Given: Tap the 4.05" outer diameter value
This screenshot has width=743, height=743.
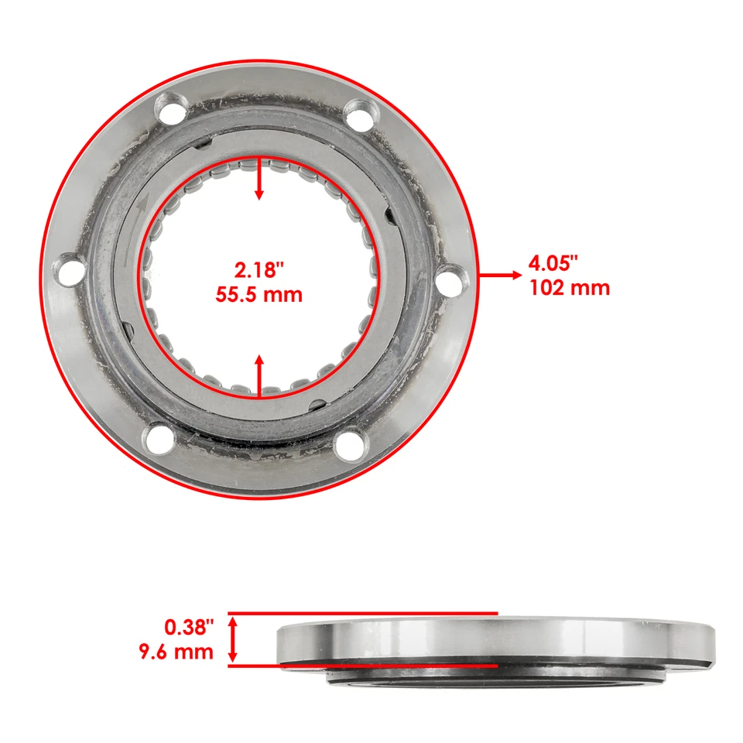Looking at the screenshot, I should tap(554, 263).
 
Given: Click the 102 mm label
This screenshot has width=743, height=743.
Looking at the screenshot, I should tap(569, 288).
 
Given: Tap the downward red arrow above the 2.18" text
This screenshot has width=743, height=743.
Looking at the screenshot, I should tap(259, 180).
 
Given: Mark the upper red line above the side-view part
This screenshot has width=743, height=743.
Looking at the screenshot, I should tap(364, 613).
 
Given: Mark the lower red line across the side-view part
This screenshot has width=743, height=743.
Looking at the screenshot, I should tap(364, 664).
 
